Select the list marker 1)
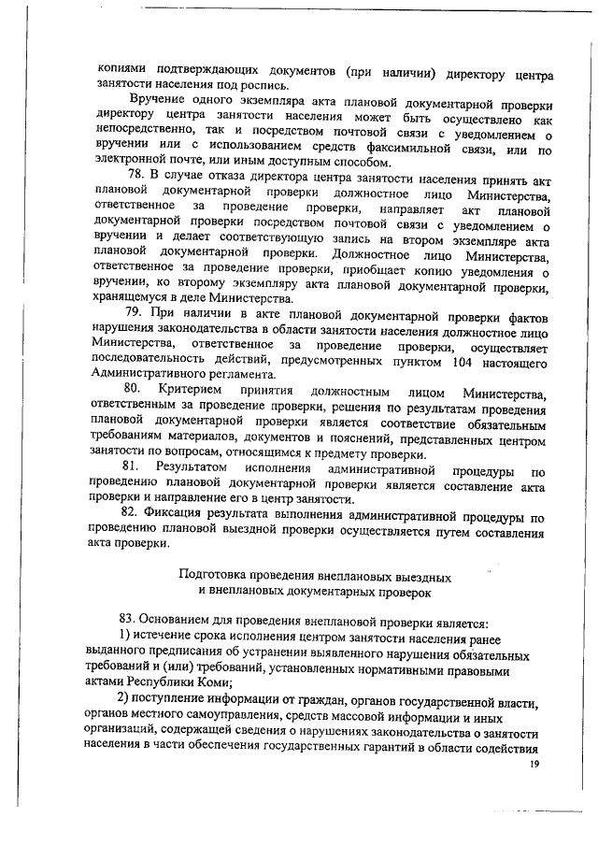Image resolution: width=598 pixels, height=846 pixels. (124, 636)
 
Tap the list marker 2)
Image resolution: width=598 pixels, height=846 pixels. (124, 702)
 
